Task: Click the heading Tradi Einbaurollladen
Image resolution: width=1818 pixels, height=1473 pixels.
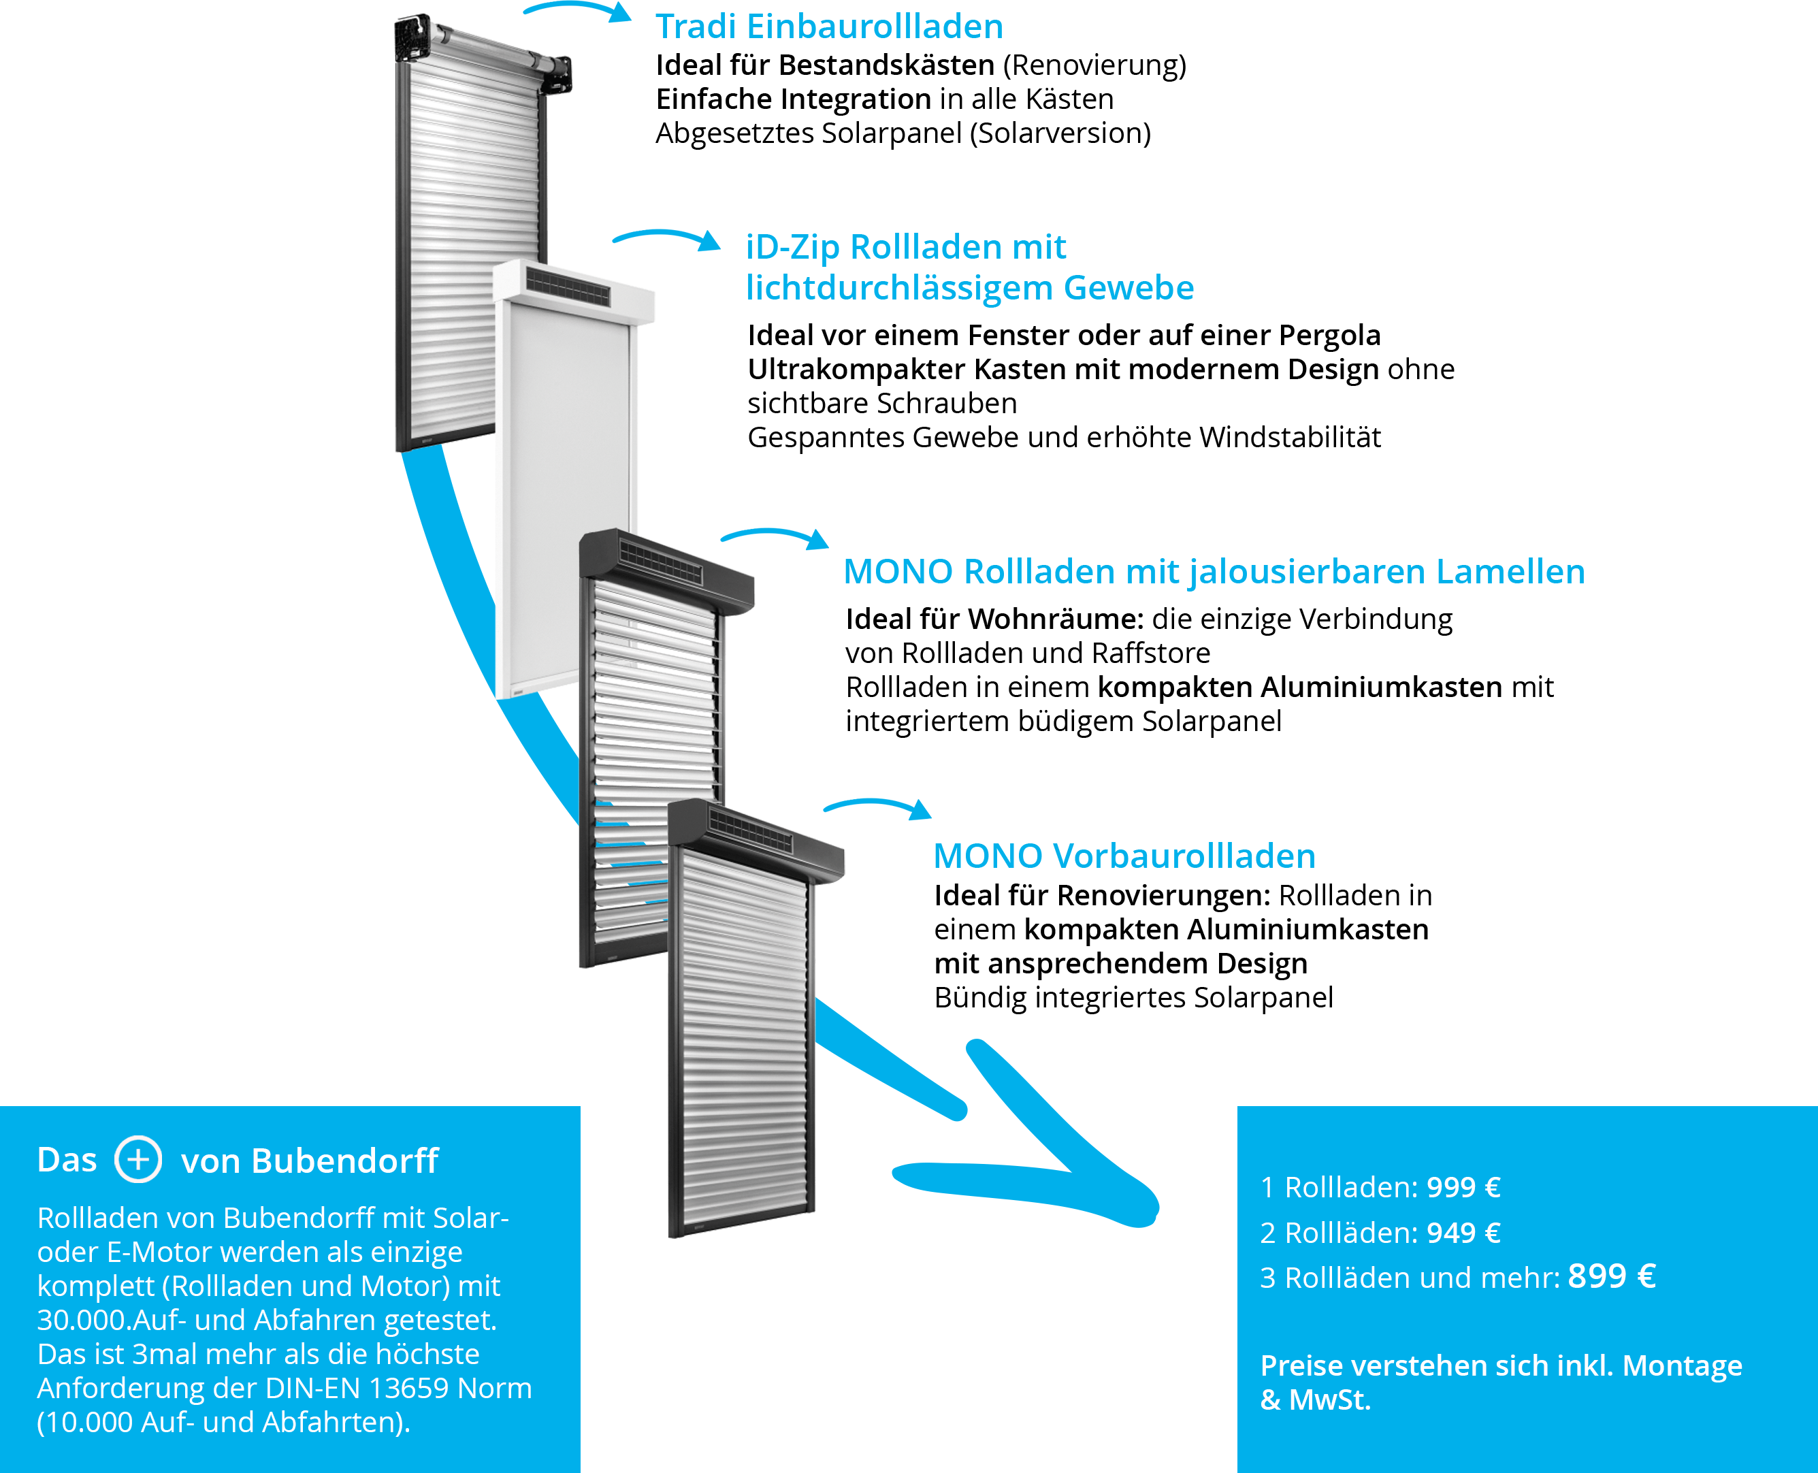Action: coord(829,27)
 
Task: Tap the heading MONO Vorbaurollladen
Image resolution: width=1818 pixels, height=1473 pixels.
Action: coord(1124,856)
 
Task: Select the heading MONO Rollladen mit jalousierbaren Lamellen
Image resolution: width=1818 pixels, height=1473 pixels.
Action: coord(1214,572)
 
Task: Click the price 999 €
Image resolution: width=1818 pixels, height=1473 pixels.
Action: coord(1463,1187)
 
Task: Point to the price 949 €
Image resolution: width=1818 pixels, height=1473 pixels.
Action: coord(1463,1233)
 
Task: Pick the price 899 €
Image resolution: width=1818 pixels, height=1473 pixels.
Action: coord(1612,1276)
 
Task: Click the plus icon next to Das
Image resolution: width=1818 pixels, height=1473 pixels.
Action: coord(138,1159)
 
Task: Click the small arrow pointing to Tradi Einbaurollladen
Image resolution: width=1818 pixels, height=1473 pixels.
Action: coord(577,11)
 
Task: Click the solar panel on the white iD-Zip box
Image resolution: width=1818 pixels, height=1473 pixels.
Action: coord(568,286)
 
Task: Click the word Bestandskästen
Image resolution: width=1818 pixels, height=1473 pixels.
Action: coord(886,65)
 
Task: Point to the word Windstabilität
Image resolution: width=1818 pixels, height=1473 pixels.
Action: coord(1291,438)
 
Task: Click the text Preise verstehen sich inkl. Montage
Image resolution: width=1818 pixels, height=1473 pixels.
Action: coord(1501,1366)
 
